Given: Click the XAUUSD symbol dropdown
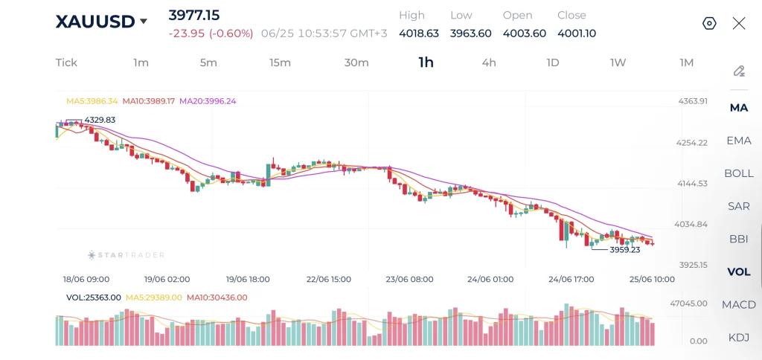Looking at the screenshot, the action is pos(101,22).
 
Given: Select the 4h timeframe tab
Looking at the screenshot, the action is pos(489,62).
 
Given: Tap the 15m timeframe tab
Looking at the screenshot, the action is pos(280,62).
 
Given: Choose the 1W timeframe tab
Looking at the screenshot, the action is pos(618,62).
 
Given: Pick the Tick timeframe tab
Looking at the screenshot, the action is pos(66,62).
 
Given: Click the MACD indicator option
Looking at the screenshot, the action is pos(739,305).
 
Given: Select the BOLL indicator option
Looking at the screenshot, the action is pos(739,173).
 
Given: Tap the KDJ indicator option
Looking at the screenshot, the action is pos(739,337).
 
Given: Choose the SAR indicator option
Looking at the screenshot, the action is pos(739,206).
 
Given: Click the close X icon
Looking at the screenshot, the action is pos(739,23).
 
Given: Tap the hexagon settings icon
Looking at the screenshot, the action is pos(709,23).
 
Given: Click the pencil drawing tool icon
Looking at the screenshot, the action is pos(739,71).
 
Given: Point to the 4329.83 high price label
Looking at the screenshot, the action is pos(100,120).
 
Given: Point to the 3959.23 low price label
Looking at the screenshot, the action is pos(625,250).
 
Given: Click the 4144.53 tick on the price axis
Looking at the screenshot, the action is pos(693,183).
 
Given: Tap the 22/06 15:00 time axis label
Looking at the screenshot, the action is pos(329,280).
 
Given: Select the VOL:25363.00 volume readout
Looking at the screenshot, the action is pos(93,298).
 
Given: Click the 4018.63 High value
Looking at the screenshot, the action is pos(419,33).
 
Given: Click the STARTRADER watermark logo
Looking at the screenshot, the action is pos(126,255).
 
